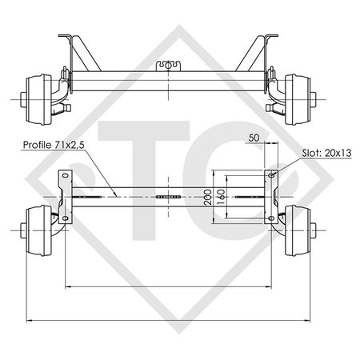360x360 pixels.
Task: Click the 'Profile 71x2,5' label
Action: pos(54,145)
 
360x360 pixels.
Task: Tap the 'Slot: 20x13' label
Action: pos(326,153)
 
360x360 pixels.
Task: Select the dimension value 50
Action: pos(254,138)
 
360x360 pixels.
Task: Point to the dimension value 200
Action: pos(208,197)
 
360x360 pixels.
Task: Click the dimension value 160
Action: pos(222,197)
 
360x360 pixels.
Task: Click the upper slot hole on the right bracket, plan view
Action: pos(271,175)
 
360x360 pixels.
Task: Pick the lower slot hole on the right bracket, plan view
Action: pos(271,218)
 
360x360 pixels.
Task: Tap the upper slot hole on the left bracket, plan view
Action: pos(66,175)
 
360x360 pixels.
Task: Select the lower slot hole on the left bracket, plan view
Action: pos(66,218)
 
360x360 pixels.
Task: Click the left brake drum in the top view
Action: pos(39,100)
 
